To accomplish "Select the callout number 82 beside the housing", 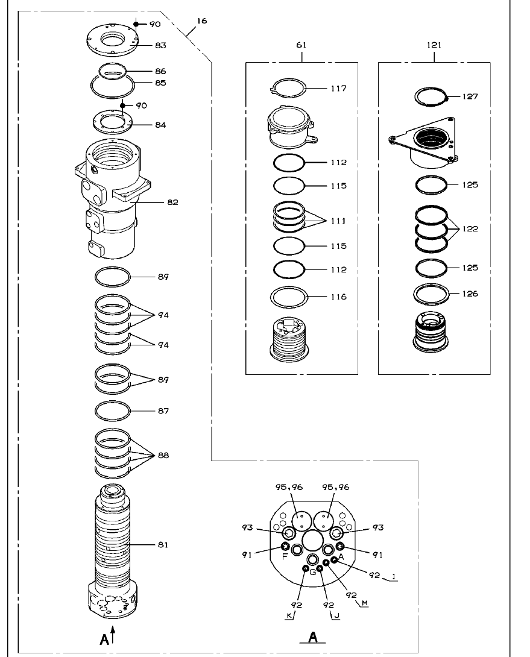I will (x=172, y=203).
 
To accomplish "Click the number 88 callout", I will (x=163, y=456).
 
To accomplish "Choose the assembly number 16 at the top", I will (x=201, y=21).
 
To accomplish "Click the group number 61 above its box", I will (x=301, y=45).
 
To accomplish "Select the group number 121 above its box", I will (x=434, y=45).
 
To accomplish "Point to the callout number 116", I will (x=338, y=297).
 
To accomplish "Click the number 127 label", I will (x=470, y=96).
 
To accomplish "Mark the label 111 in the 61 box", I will (x=338, y=221).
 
